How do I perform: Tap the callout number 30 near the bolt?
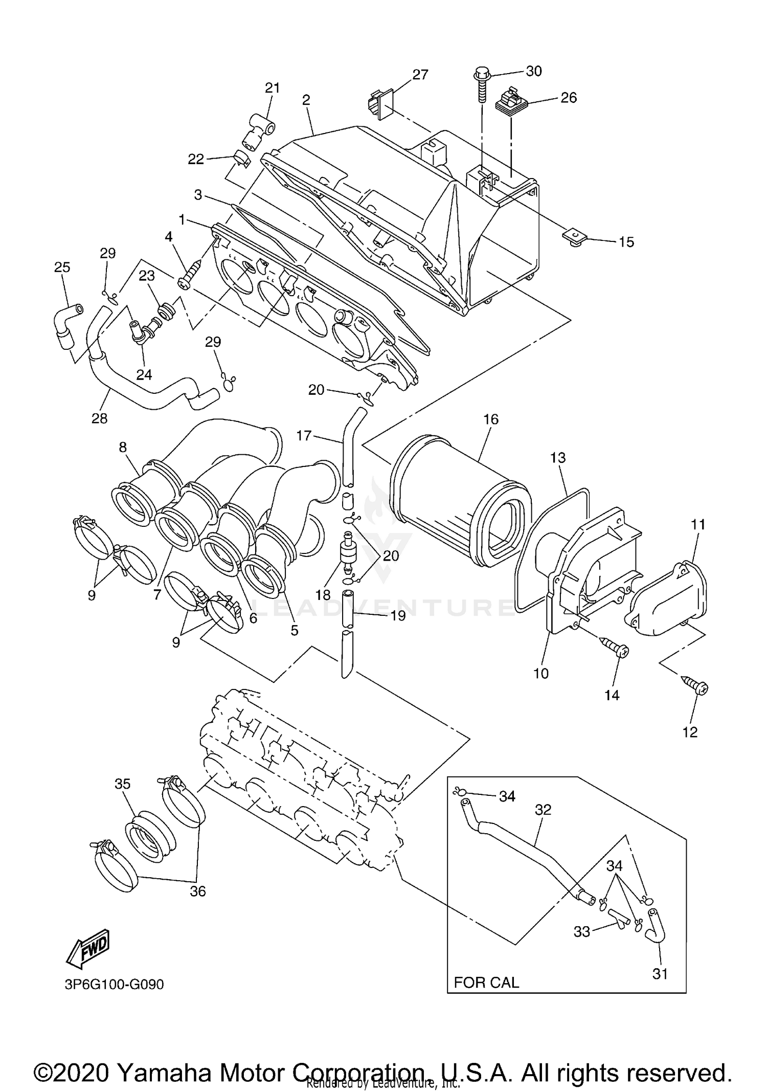click(x=533, y=71)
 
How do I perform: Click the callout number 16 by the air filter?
click(x=490, y=419)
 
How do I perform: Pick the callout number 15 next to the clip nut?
click(x=626, y=242)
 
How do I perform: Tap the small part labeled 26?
click(x=511, y=102)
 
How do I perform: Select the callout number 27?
click(x=420, y=75)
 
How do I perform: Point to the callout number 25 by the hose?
click(x=62, y=267)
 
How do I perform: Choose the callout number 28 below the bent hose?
click(x=99, y=418)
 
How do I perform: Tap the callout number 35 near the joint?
click(x=122, y=784)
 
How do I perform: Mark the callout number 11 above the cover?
click(x=698, y=524)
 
